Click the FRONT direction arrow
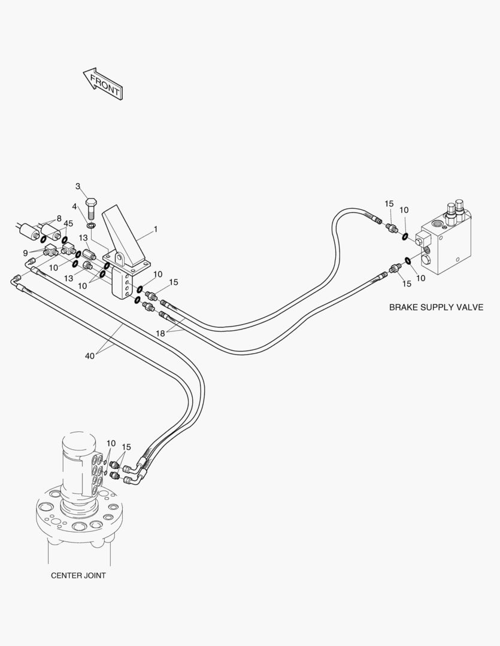point(103,83)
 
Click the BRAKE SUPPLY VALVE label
point(436,307)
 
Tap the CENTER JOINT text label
point(78,575)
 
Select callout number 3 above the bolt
point(78,186)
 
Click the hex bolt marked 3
point(92,208)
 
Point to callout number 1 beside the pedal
point(156,229)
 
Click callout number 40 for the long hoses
point(90,356)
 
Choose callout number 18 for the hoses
point(160,334)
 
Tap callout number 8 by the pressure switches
point(59,218)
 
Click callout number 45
point(68,224)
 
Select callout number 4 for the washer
point(75,206)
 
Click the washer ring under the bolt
point(90,226)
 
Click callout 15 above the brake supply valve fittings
point(389,205)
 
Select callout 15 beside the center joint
point(126,447)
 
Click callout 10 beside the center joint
point(111,443)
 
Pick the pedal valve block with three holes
point(125,285)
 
